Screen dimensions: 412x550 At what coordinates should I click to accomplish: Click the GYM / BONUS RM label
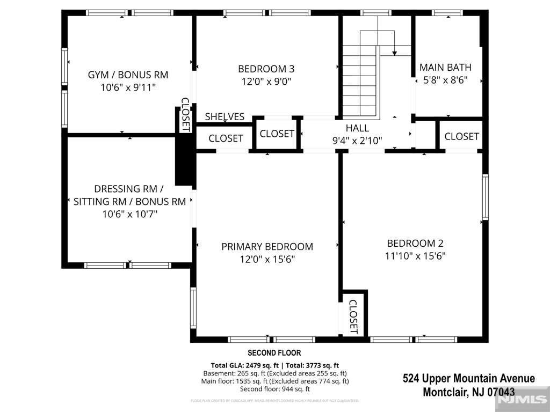[x=128, y=75]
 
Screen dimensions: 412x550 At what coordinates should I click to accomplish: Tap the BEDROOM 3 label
[x=266, y=69]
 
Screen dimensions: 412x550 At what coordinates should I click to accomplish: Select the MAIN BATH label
[x=445, y=68]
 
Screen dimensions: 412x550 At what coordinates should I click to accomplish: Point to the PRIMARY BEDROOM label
[x=267, y=247]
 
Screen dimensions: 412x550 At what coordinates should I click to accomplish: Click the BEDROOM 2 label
[x=415, y=243]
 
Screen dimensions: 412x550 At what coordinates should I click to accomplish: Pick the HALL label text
[x=357, y=128]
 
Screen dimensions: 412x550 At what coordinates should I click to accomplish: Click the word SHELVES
[x=225, y=116]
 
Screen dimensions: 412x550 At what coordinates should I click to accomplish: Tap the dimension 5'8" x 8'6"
[x=445, y=80]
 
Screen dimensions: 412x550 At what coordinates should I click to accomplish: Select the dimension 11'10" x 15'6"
[x=415, y=256]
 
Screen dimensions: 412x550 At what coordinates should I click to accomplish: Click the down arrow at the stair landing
[x=395, y=52]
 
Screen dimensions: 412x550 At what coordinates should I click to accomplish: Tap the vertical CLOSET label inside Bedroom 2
[x=353, y=317]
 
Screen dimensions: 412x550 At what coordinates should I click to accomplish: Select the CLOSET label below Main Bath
[x=461, y=136]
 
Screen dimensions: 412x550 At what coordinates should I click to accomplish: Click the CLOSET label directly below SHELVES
[x=226, y=138]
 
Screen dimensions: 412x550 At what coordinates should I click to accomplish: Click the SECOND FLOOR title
[x=274, y=353]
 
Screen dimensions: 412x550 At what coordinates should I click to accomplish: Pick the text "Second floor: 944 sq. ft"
[x=275, y=389]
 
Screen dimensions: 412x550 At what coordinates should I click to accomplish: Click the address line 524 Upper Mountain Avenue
[x=468, y=379]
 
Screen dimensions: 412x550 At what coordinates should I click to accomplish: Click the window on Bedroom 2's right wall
[x=485, y=197]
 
